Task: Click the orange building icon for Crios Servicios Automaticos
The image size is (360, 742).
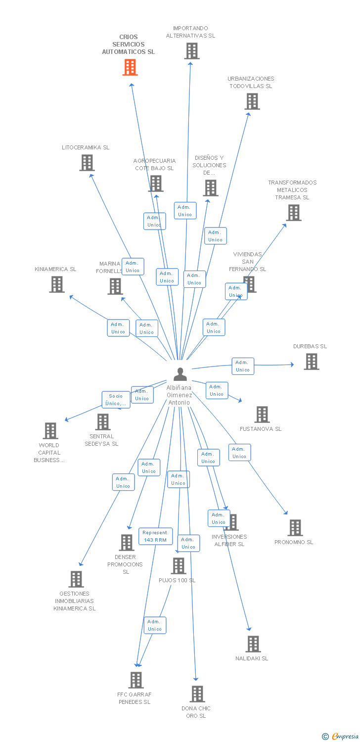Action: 130,67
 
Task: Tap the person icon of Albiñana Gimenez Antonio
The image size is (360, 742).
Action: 180,374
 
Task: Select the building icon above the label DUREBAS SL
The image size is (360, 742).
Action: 311,362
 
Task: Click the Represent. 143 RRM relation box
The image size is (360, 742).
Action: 155,536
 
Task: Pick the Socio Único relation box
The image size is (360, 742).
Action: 116,400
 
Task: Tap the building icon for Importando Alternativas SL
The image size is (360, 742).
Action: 191,50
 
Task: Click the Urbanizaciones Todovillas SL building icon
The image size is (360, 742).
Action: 252,101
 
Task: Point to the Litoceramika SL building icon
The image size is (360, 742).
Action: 87,162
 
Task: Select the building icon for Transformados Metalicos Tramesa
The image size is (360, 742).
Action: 294,213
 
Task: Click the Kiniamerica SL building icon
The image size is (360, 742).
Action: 57,284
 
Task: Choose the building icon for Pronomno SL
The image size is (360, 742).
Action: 295,528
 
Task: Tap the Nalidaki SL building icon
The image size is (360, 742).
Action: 253,644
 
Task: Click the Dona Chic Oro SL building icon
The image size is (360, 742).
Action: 197,694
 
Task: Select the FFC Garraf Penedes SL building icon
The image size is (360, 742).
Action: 136,680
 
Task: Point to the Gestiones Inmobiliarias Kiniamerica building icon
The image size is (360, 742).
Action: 76,579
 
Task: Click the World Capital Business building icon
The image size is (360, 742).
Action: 50,431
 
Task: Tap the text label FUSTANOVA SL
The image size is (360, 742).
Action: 261,429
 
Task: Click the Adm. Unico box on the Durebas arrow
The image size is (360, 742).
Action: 243,366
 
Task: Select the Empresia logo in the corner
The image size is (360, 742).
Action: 341,737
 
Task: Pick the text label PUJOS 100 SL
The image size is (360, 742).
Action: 177,580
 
